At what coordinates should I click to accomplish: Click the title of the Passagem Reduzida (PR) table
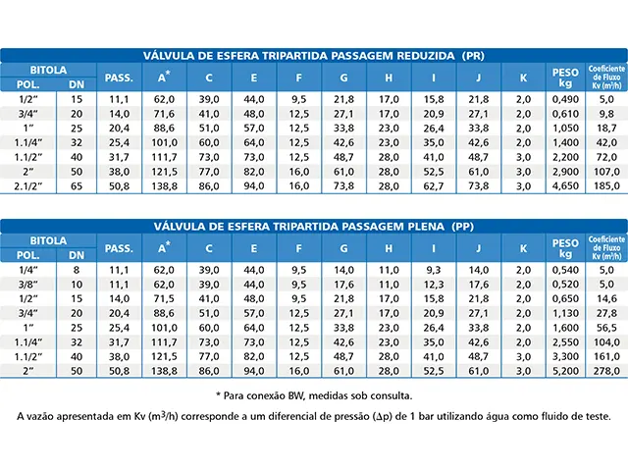coord(314,56)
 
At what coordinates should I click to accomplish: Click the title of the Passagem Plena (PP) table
coord(314,225)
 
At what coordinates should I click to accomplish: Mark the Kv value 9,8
coord(606,114)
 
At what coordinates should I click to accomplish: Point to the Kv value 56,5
coord(606,325)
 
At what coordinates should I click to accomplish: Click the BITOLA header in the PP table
coord(47,239)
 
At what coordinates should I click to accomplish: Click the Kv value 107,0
coord(606,170)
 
